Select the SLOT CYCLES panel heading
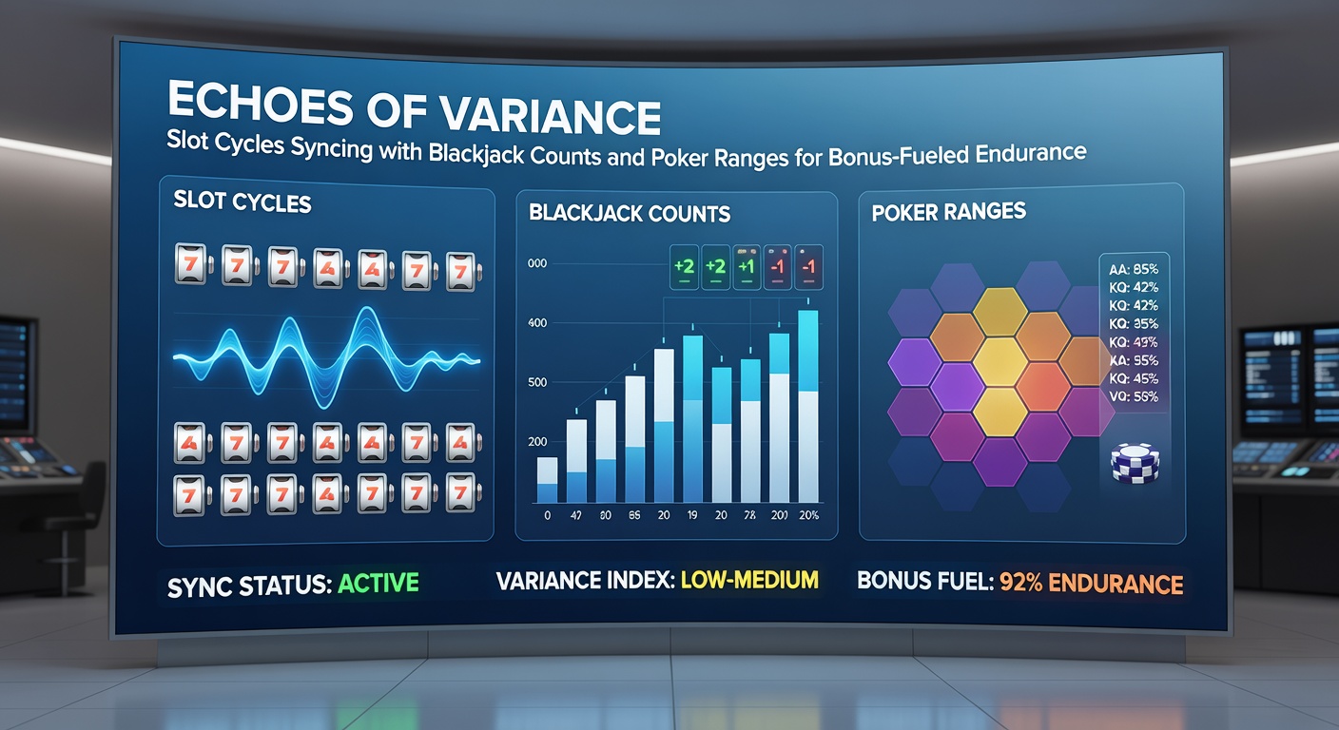point(243,202)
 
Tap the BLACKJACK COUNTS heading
point(630,214)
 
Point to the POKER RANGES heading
point(948,211)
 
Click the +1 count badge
point(747,267)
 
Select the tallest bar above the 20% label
point(807,406)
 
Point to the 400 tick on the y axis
point(537,324)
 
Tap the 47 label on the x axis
point(575,516)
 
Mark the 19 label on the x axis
point(692,516)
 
